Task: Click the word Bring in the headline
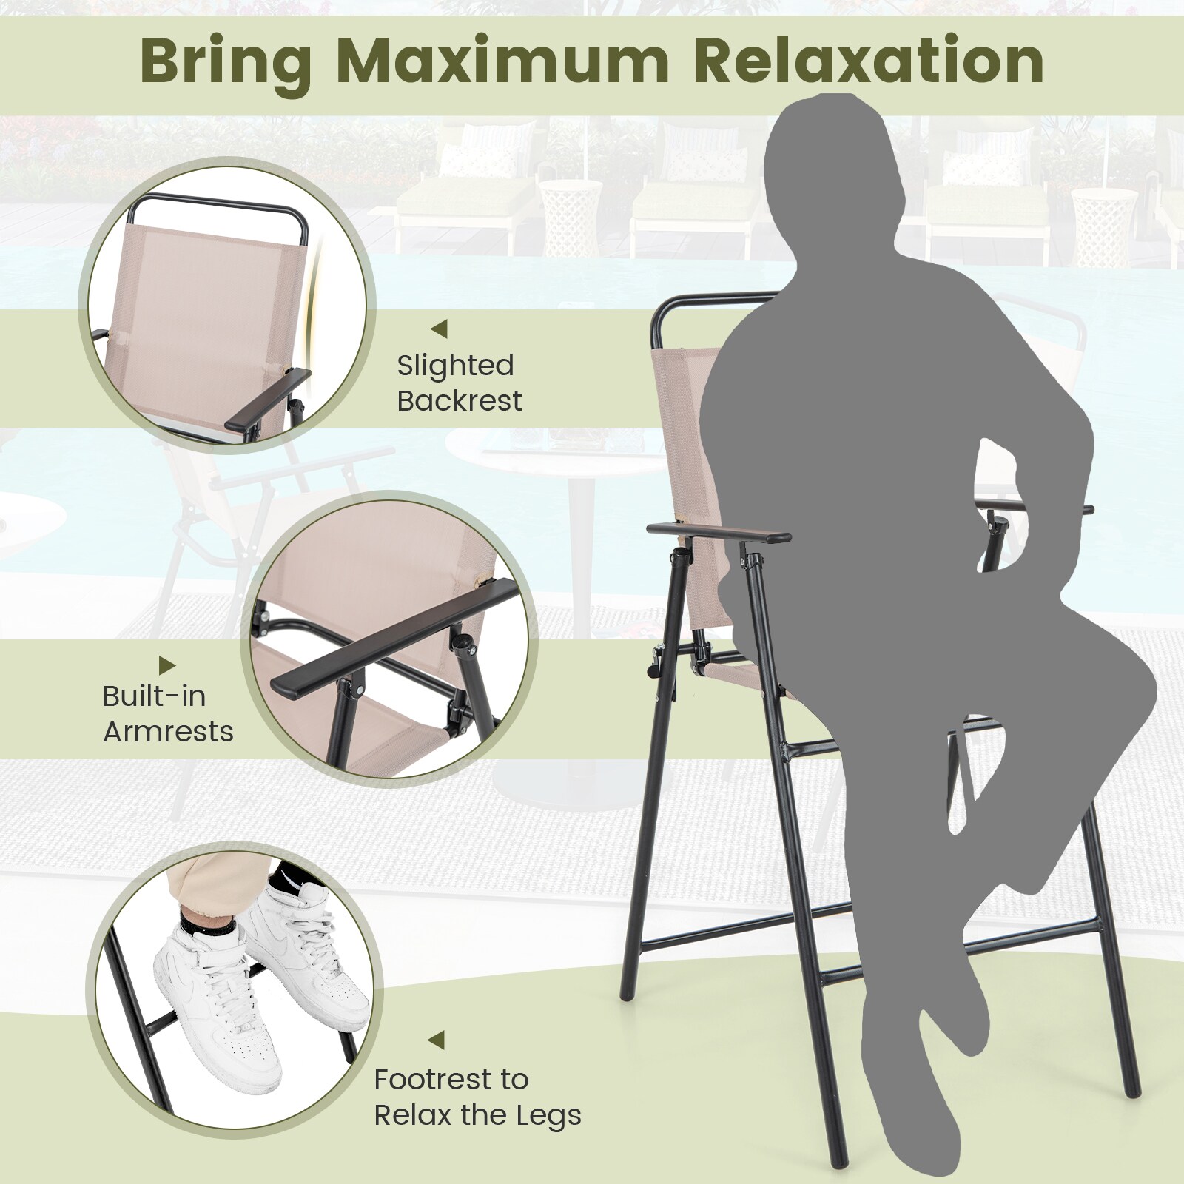point(226,63)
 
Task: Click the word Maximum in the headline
point(502,63)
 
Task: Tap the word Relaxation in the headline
point(869,63)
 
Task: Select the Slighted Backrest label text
point(459,383)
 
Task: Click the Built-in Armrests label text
point(168,714)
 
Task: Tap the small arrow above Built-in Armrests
point(168,664)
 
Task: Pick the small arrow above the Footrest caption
point(437,1040)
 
